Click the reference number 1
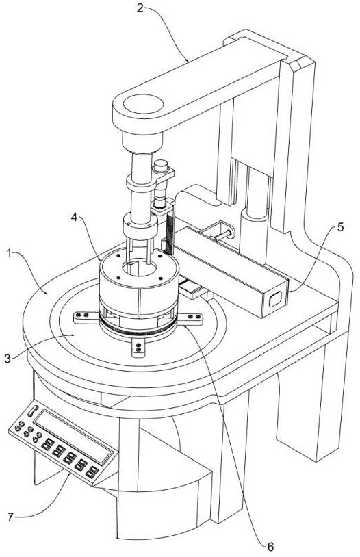pyautogui.click(x=10, y=254)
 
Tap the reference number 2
pyautogui.click(x=140, y=8)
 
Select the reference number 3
pyautogui.click(x=8, y=359)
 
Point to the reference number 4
pyautogui.click(x=75, y=217)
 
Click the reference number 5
pyautogui.click(x=340, y=227)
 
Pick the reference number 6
pyautogui.click(x=270, y=547)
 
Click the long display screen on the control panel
pyautogui.click(x=73, y=437)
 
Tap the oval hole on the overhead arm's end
pyautogui.click(x=143, y=105)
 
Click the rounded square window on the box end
pyautogui.click(x=274, y=299)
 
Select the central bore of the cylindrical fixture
pyautogui.click(x=139, y=268)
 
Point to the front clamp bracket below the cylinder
pyautogui.click(x=138, y=347)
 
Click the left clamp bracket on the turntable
pyautogui.click(x=86, y=317)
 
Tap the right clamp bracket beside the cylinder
pyautogui.click(x=190, y=318)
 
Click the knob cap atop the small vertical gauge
pyautogui.click(x=160, y=165)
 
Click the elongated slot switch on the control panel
pyautogui.click(x=33, y=411)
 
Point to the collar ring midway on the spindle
pyautogui.click(x=141, y=185)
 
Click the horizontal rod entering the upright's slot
pyautogui.click(x=221, y=235)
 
